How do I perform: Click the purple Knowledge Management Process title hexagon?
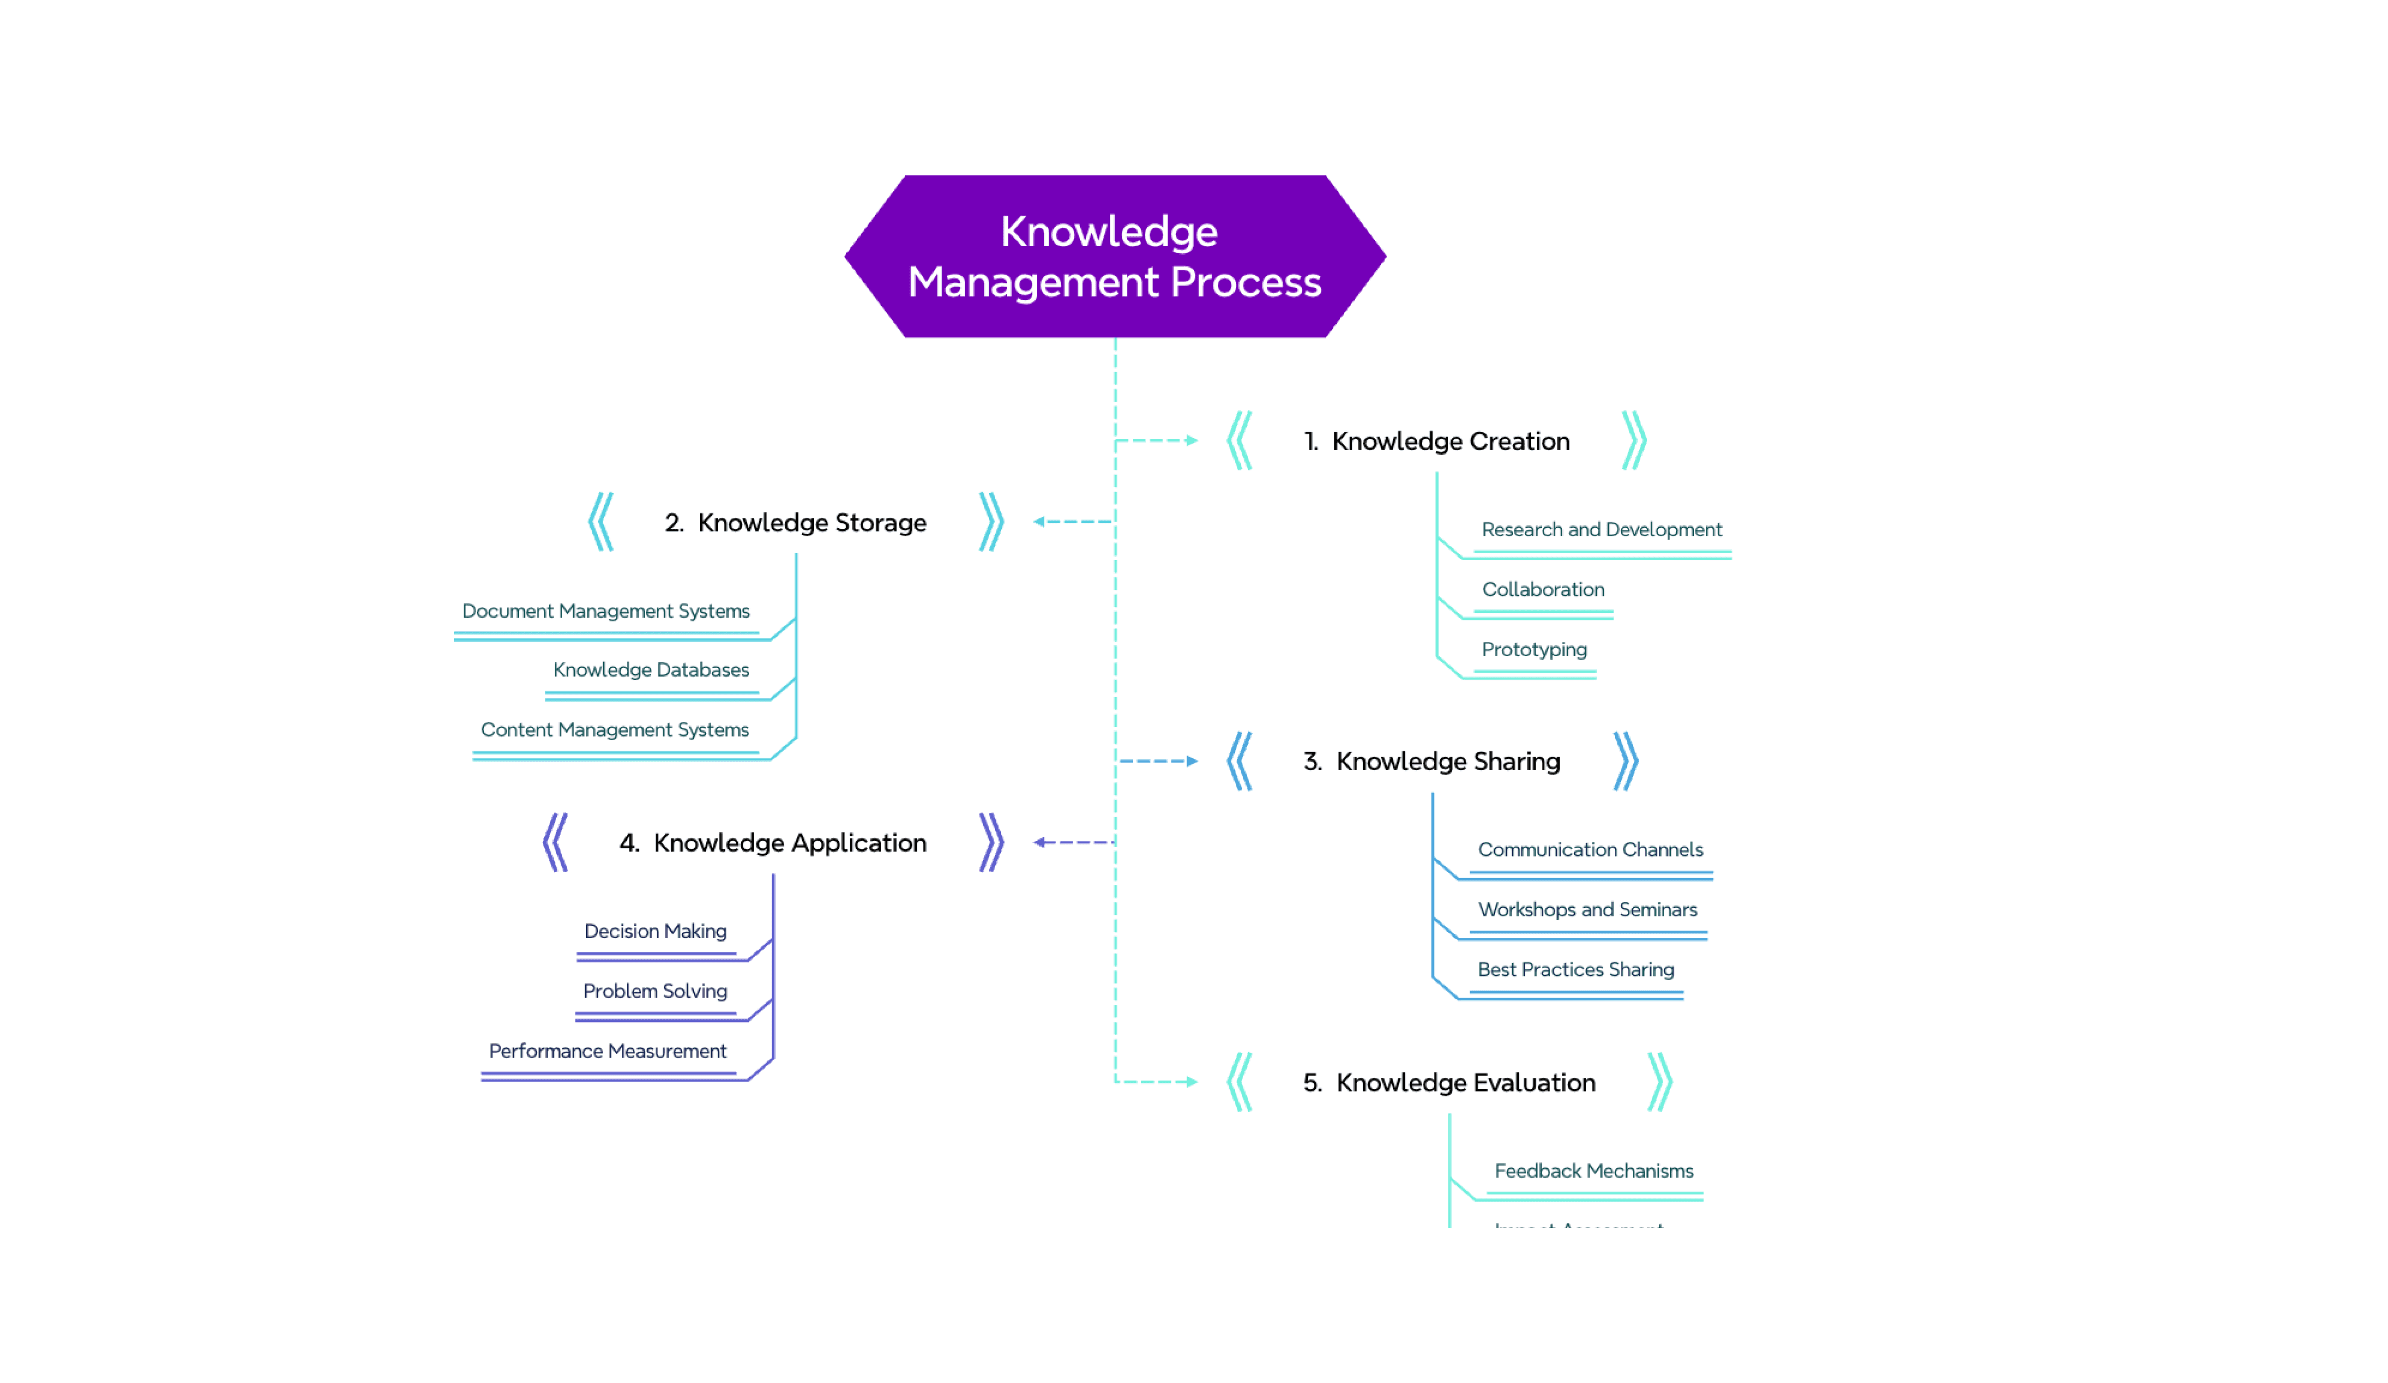pyautogui.click(x=1114, y=257)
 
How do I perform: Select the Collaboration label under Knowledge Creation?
pyautogui.click(x=1543, y=589)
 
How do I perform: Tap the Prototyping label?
pyautogui.click(x=1533, y=650)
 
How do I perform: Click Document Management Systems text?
pyautogui.click(x=605, y=611)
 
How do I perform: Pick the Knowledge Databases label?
pyautogui.click(x=651, y=670)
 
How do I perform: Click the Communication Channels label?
pyautogui.click(x=1590, y=850)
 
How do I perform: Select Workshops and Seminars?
pyautogui.click(x=1587, y=909)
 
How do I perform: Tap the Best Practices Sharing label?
pyautogui.click(x=1575, y=970)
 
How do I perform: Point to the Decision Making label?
pyautogui.click(x=655, y=931)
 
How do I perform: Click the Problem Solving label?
pyautogui.click(x=655, y=991)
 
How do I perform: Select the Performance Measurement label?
pyautogui.click(x=607, y=1052)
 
